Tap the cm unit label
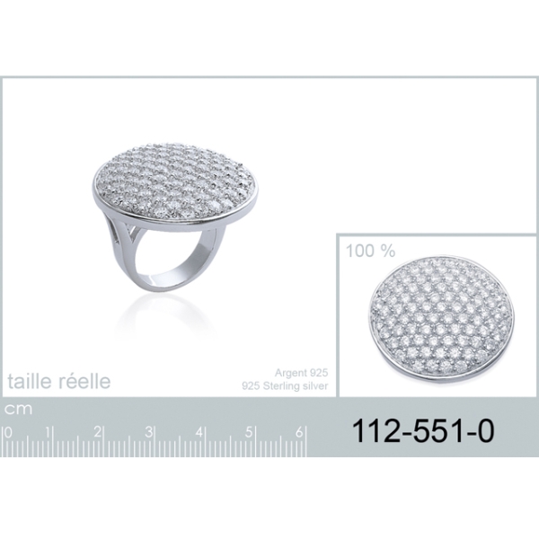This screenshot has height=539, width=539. (x=18, y=409)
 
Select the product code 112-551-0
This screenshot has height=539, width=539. (x=423, y=431)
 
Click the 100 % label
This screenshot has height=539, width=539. (x=370, y=251)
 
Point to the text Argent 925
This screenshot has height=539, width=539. (x=301, y=373)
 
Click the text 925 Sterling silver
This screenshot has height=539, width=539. (x=285, y=386)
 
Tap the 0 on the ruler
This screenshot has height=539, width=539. (x=8, y=432)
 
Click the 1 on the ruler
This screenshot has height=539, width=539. (x=49, y=432)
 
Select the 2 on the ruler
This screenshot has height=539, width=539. (x=98, y=432)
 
